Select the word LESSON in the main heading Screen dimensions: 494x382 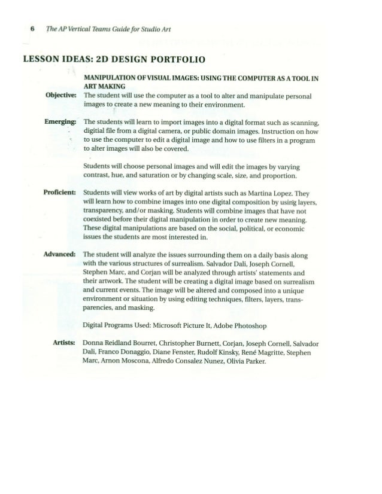pyautogui.click(x=43, y=59)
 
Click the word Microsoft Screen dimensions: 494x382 pyautogui.click(x=164, y=326)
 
